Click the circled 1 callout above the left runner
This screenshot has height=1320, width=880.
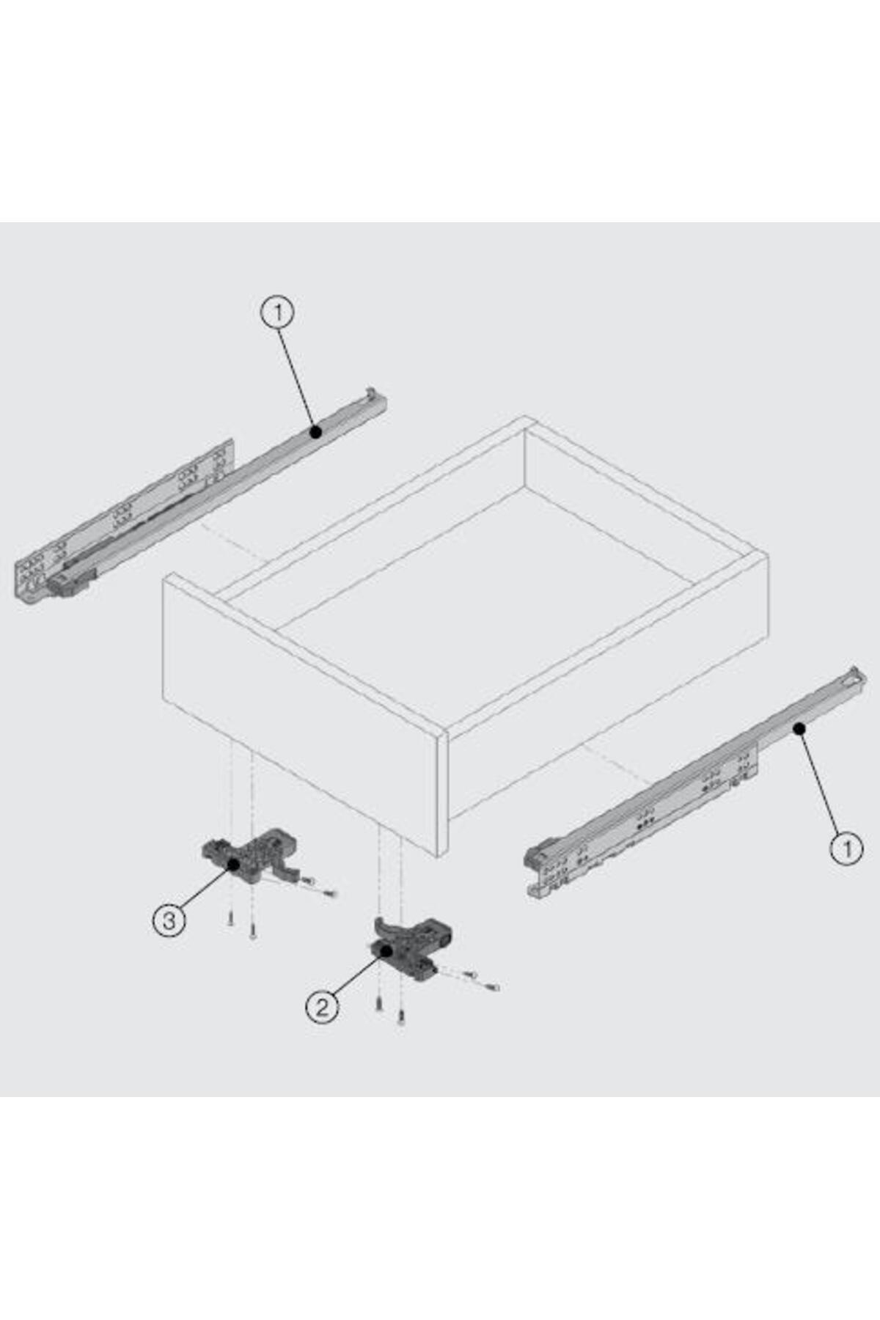click(x=277, y=313)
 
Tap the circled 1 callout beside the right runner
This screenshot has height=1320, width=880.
click(x=846, y=848)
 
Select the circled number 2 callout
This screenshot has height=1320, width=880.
click(x=322, y=1007)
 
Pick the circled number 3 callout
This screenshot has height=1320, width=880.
click(x=169, y=920)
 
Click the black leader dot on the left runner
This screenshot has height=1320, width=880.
click(x=316, y=433)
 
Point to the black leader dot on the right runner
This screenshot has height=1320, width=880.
click(x=799, y=728)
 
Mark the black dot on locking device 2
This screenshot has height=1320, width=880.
click(x=386, y=950)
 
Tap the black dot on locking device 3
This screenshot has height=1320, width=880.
click(x=234, y=864)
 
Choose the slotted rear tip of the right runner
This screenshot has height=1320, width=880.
click(x=853, y=675)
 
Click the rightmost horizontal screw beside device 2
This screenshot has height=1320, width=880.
click(x=491, y=987)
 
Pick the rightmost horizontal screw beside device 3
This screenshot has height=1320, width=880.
click(x=329, y=894)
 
